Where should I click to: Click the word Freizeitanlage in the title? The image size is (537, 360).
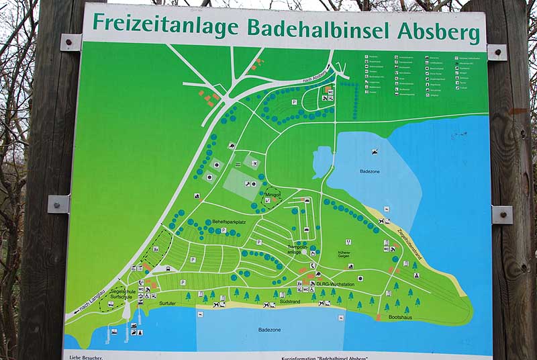click(x=166, y=26)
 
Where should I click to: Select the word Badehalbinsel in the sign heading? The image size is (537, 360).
click(x=319, y=28)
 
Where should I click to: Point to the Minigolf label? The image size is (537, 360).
click(x=273, y=195)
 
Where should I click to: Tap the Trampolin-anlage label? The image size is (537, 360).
click(x=299, y=250)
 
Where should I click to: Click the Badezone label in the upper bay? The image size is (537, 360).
click(x=370, y=171)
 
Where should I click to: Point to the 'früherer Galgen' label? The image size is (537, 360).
click(x=345, y=255)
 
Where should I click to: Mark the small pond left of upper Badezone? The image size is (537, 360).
click(x=322, y=161)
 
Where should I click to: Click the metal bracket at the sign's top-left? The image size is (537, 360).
click(x=70, y=43)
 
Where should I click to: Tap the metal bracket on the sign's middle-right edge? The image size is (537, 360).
click(x=501, y=215)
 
